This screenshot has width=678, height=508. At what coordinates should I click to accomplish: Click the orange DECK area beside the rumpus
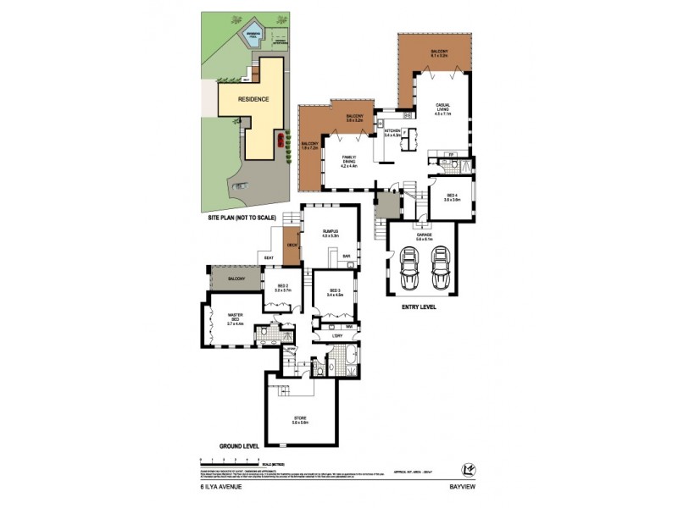(x=292, y=245)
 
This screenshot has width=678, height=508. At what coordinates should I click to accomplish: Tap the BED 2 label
(x=283, y=287)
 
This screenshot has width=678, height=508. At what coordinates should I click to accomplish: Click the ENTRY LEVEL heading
(x=419, y=306)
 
